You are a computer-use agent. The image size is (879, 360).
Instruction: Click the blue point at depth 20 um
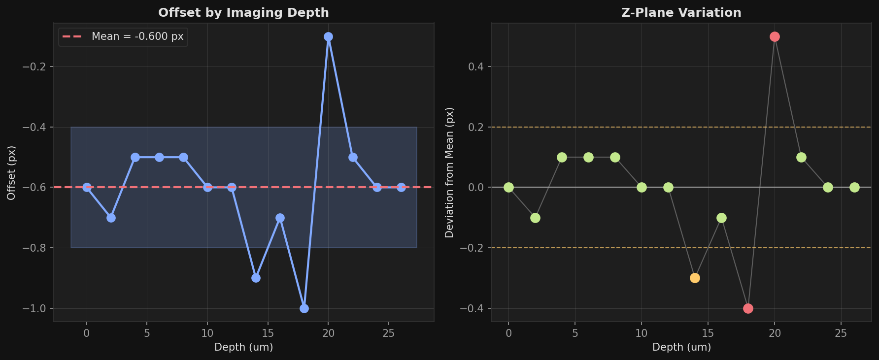(x=328, y=36)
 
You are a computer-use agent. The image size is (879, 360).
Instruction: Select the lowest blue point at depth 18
(x=304, y=308)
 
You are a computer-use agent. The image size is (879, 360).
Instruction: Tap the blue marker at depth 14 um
(x=256, y=278)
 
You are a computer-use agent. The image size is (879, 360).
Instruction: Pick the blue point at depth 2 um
(x=111, y=218)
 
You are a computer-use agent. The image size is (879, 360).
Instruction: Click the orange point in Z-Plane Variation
(x=695, y=278)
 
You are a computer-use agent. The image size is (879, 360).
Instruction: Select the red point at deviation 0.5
(x=775, y=36)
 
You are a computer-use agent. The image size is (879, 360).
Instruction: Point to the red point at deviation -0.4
(x=748, y=308)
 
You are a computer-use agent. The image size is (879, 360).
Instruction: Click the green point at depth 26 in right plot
(x=854, y=187)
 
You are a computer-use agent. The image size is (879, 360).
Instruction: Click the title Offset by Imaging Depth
(x=243, y=13)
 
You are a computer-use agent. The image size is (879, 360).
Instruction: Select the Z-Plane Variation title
(x=681, y=13)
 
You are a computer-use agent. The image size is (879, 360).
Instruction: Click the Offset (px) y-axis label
(x=11, y=172)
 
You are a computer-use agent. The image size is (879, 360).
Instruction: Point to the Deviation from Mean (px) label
(x=449, y=172)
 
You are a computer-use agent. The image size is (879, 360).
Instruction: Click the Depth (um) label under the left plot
(x=243, y=347)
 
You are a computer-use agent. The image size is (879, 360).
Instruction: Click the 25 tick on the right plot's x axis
(x=841, y=333)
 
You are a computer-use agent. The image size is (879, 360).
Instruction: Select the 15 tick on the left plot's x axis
(x=268, y=333)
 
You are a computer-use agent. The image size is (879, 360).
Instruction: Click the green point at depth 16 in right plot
(x=721, y=218)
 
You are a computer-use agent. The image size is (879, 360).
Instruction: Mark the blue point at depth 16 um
(x=280, y=218)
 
